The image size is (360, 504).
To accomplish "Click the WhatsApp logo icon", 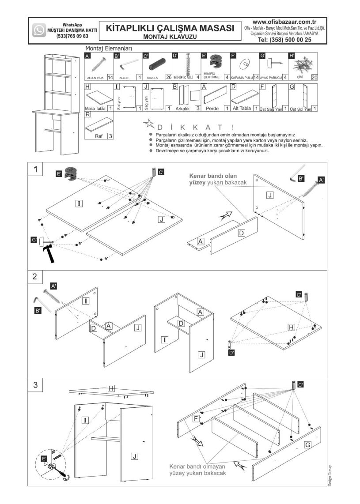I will tap(39, 30).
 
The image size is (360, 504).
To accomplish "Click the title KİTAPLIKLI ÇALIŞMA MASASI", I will tap(170, 28).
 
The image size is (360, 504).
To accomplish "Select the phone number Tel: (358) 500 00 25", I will tap(284, 39).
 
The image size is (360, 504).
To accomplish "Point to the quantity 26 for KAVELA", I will tap(167, 77).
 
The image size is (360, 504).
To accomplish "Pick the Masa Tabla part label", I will tap(94, 108).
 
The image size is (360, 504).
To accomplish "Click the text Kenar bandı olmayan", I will tap(197, 466).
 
